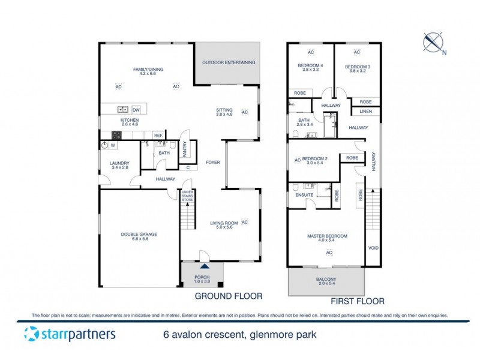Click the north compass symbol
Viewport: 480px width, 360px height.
pyautogui.click(x=433, y=41)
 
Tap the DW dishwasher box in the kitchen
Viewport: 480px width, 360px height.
pyautogui.click(x=136, y=110)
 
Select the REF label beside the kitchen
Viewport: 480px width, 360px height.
pyautogui.click(x=158, y=136)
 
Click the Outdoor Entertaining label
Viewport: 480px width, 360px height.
pyautogui.click(x=229, y=62)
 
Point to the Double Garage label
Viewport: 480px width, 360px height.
pyautogui.click(x=139, y=235)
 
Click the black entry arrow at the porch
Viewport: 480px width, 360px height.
pyautogui.click(x=205, y=266)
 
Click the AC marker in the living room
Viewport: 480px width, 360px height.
pyautogui.click(x=245, y=222)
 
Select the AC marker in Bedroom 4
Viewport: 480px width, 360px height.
pyautogui.click(x=311, y=52)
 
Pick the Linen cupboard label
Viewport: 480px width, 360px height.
pyautogui.click(x=365, y=112)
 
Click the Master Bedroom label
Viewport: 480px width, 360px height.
pyautogui.click(x=327, y=236)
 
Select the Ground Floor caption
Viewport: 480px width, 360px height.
pyautogui.click(x=228, y=296)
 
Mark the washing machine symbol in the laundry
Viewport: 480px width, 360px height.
pyautogui.click(x=104, y=145)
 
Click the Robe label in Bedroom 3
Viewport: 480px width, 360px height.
pyautogui.click(x=365, y=102)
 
